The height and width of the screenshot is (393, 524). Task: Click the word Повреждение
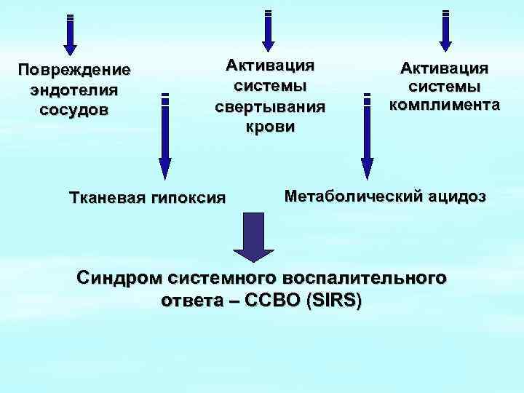pos(75,71)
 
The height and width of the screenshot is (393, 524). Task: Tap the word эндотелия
pos(74,90)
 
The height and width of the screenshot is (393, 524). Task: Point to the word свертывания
pos(269,106)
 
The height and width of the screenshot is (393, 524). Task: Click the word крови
pos(269,127)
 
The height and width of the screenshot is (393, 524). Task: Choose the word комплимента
pos(444,105)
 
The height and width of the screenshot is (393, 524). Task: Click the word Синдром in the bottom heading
pos(120,279)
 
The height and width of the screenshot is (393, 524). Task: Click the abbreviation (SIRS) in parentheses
pos(328,301)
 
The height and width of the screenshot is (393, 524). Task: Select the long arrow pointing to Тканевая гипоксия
pos(165,138)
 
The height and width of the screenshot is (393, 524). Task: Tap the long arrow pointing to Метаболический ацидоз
pos(367,138)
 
